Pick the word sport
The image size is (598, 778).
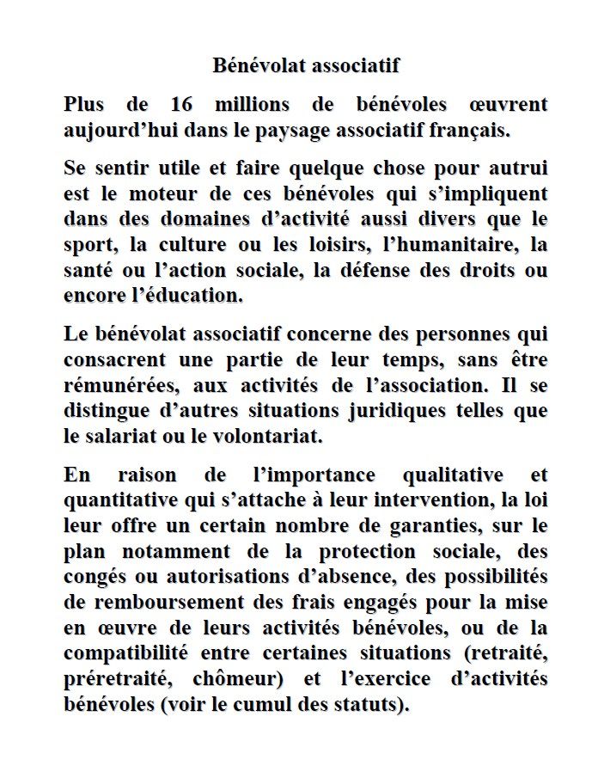tap(88, 245)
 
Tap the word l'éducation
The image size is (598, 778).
tap(186, 296)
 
